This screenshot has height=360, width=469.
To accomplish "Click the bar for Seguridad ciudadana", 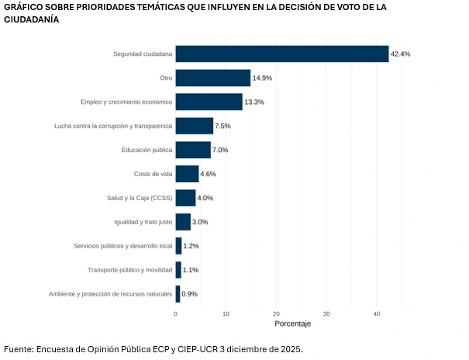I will (x=281, y=54).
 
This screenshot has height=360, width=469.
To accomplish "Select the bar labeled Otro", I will (x=212, y=78).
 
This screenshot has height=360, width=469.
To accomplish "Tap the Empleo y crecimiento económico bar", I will (x=209, y=102).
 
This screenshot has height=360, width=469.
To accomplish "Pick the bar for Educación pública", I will (x=193, y=150).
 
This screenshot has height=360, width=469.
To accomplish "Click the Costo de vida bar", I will (x=187, y=174).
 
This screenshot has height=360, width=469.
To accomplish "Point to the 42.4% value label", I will (x=400, y=54).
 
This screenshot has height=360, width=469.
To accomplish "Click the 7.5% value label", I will (x=222, y=126).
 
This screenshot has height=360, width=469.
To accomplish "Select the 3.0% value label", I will (x=200, y=222).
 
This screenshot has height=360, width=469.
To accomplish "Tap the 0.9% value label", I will (x=189, y=294).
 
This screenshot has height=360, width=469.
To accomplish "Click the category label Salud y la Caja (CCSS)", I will (x=140, y=198).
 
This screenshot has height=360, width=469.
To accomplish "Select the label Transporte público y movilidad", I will (x=129, y=270).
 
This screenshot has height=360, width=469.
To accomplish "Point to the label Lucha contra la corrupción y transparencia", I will (x=113, y=126).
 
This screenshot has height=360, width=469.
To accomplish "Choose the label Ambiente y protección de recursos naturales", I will (x=110, y=294).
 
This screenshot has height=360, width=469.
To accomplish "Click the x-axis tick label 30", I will (x=326, y=313).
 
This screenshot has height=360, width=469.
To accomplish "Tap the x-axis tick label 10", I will (x=226, y=313).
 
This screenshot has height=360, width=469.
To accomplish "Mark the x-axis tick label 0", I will (x=176, y=313).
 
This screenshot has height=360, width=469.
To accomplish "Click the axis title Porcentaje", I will (x=292, y=323).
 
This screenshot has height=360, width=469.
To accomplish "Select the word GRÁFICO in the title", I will (x=27, y=7).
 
